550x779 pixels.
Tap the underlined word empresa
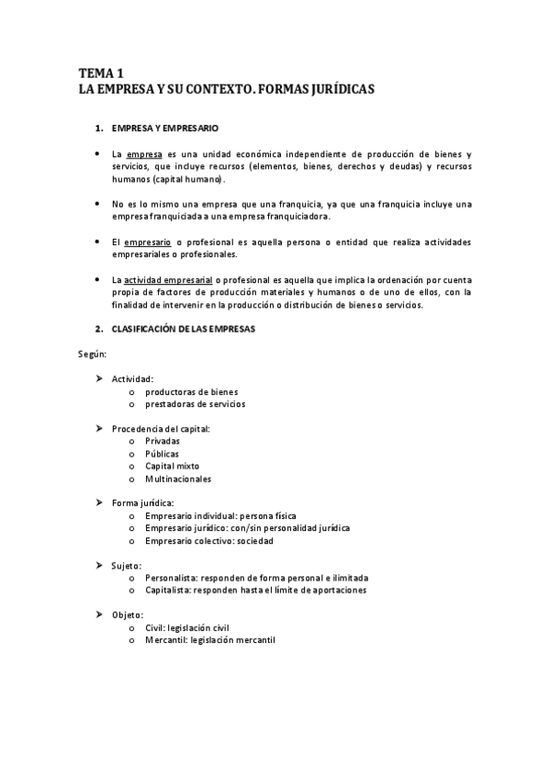point(144,154)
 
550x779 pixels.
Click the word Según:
point(92,354)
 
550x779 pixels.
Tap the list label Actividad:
point(132,378)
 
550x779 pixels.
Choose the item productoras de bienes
point(191,391)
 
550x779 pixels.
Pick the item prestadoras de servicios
point(195,403)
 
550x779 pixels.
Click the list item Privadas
point(163,441)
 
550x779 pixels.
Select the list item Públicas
point(162,454)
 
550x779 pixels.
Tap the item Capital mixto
point(172,466)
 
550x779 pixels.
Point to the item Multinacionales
point(178,479)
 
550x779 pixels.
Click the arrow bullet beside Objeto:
point(99,615)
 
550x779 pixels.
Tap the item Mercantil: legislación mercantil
point(209,640)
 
